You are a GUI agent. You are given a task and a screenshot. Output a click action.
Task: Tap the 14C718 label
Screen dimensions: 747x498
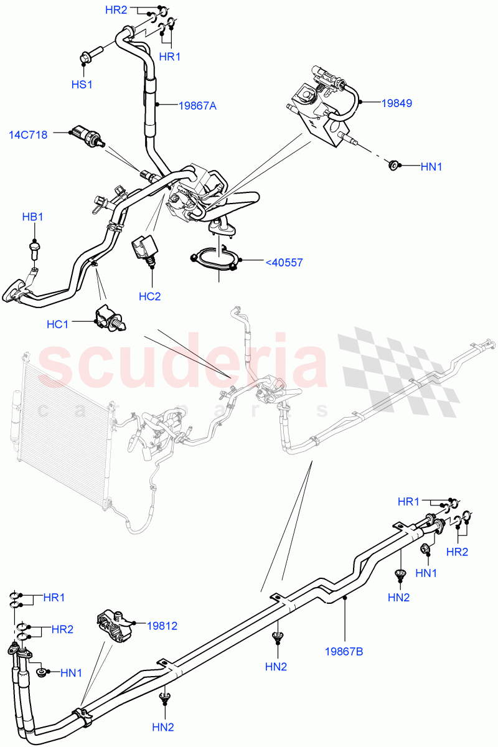(x=28, y=134)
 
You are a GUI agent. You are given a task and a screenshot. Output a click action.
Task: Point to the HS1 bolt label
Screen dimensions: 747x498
(x=82, y=85)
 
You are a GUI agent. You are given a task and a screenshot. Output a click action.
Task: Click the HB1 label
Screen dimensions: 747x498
(x=33, y=217)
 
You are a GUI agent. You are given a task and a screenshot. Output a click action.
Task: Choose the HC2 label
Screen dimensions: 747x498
(x=149, y=296)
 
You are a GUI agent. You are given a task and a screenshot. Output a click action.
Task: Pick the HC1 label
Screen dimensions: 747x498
(x=59, y=324)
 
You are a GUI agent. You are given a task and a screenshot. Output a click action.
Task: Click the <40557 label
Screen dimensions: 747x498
(x=284, y=263)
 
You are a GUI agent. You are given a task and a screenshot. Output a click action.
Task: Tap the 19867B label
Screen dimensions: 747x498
(x=344, y=652)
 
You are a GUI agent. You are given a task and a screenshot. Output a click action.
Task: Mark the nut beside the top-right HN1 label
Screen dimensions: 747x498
(x=393, y=166)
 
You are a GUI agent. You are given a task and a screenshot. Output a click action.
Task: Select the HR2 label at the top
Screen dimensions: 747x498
(x=116, y=9)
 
